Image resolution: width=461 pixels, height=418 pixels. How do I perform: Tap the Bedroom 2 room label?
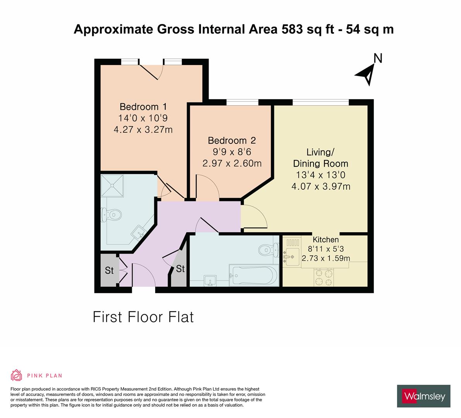231,140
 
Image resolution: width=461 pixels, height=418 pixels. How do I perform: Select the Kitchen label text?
326,240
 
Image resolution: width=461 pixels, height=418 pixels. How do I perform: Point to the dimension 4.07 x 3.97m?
321,187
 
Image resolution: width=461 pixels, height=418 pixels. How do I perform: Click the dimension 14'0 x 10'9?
143,118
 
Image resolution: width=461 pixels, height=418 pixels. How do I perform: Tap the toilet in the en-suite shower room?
111,214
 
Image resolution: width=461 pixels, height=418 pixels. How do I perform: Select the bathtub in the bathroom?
254,275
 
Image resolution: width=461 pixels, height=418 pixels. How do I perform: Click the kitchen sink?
291,257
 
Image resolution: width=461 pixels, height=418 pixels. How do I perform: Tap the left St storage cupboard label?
109,271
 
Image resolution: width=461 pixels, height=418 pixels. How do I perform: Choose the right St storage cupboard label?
180,269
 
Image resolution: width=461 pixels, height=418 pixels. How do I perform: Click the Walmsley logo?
424,396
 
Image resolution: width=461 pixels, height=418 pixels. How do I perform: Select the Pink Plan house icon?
17,375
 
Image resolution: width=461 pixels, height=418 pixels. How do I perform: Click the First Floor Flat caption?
143,317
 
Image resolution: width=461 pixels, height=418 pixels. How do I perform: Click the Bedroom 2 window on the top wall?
242,102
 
